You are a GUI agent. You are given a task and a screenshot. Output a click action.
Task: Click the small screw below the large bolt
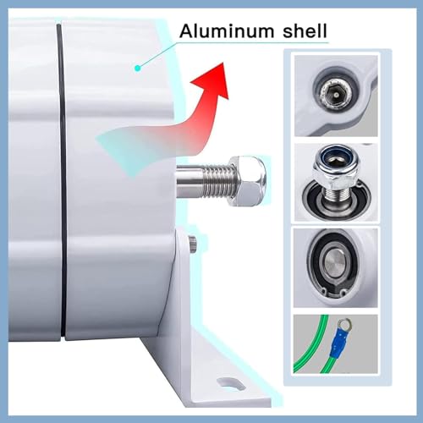click(194, 244)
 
